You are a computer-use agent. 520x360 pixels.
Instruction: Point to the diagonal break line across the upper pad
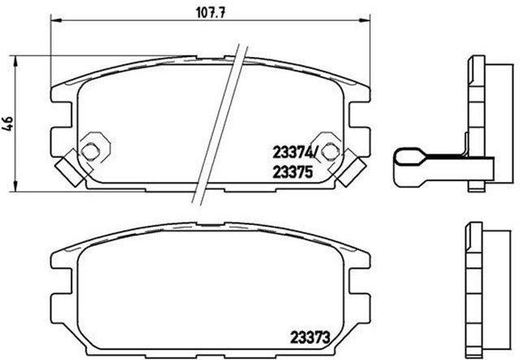(222, 122)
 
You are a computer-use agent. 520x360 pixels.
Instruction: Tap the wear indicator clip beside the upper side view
(422, 162)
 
